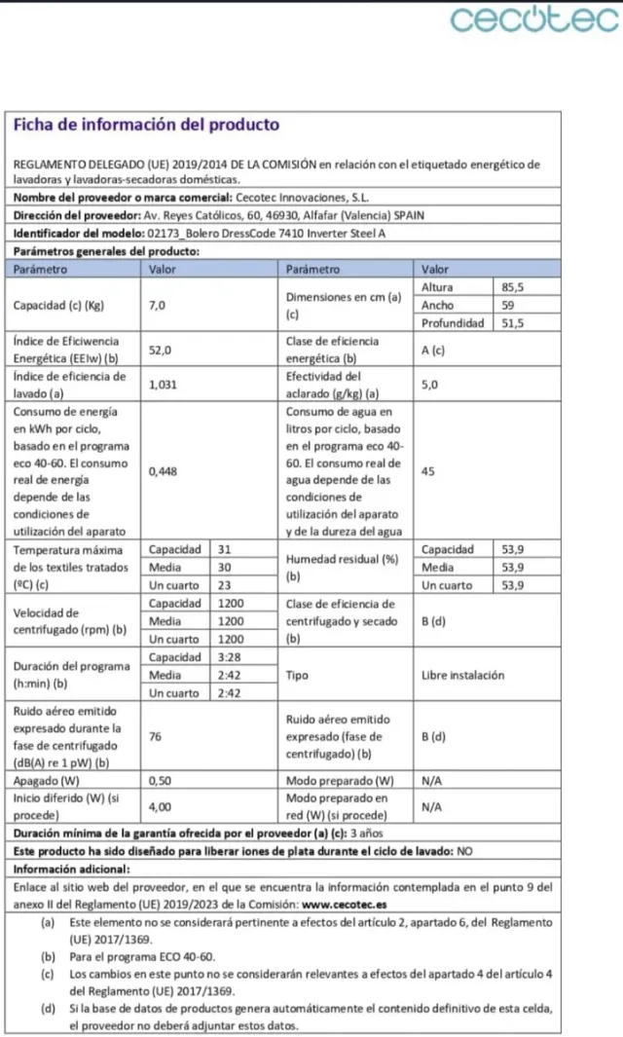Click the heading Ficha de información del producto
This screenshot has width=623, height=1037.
(146, 125)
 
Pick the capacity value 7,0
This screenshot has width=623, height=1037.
(157, 305)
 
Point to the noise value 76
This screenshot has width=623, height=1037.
(156, 737)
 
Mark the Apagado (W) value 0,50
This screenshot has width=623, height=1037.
(161, 781)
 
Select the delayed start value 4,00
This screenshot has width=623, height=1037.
(161, 806)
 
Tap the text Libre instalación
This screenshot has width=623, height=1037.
(463, 675)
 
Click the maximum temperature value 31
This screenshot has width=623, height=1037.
(225, 549)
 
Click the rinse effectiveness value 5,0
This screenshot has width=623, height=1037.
(430, 385)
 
